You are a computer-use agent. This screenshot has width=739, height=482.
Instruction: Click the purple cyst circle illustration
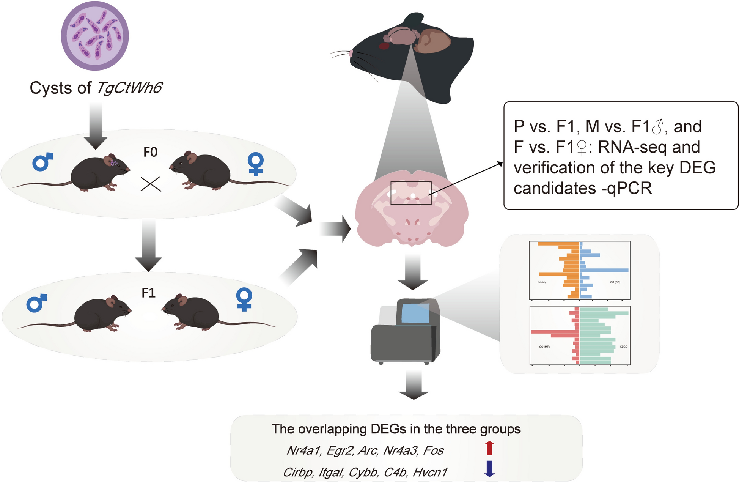(95, 36)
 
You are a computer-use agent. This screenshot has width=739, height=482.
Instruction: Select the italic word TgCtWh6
(129, 88)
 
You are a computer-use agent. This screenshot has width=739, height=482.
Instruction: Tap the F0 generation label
(150, 152)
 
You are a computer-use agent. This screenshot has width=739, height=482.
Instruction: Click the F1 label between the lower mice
(148, 293)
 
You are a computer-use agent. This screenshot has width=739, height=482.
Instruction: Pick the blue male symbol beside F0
(42, 162)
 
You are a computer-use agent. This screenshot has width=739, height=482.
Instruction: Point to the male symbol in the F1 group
(36, 303)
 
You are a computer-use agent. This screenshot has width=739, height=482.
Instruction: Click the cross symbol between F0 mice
(151, 184)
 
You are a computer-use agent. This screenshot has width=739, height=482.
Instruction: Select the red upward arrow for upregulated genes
(489, 448)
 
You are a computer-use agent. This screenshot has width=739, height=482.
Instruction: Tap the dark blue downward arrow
(489, 468)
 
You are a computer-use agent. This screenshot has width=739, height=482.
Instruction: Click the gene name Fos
(433, 450)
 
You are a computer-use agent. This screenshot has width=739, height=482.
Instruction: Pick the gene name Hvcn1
(430, 472)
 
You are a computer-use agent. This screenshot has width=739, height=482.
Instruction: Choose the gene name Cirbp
(298, 472)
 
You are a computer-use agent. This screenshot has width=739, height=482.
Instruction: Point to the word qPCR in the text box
(629, 188)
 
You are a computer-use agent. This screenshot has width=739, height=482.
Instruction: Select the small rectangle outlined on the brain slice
(411, 193)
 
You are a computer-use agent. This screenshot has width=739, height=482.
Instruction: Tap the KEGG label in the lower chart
(623, 347)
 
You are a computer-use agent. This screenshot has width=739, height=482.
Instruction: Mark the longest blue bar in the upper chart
(604, 270)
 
